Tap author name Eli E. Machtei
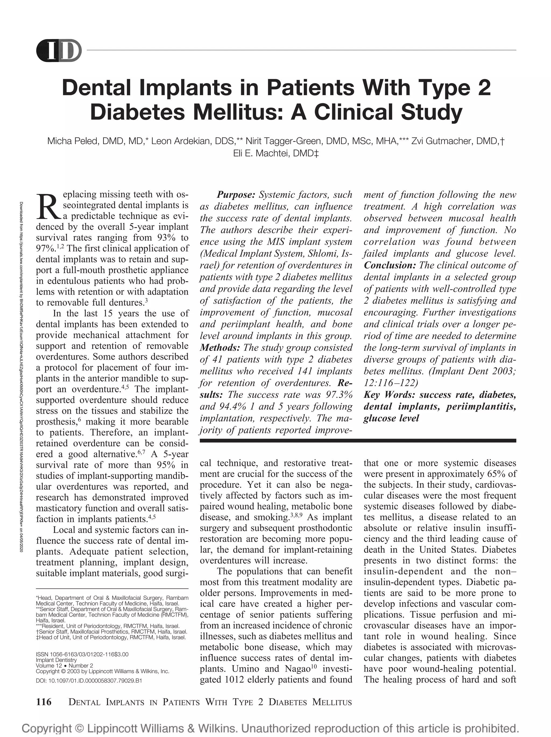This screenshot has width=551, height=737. pyautogui.click(x=261, y=153)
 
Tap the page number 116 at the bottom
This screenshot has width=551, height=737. pyautogui.click(x=44, y=702)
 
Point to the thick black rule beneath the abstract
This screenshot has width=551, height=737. pyautogui.click(x=357, y=441)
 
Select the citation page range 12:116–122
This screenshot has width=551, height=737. pyautogui.click(x=390, y=383)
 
